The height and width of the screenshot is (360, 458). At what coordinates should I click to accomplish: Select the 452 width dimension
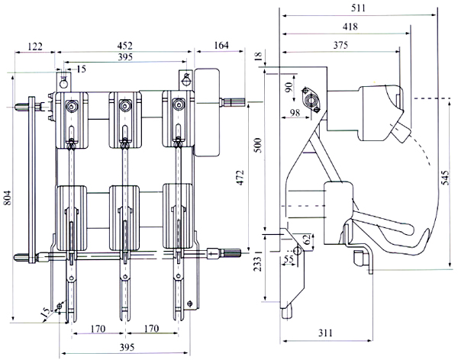coord(127,46)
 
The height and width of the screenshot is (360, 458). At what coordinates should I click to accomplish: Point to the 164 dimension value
coord(220,46)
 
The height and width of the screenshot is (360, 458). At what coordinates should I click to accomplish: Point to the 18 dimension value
coord(257,56)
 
